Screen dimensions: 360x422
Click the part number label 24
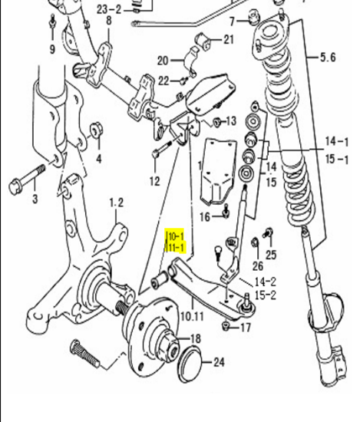(219, 362)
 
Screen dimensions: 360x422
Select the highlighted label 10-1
(176, 236)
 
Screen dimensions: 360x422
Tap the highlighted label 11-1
(176, 247)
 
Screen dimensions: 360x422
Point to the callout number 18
(196, 338)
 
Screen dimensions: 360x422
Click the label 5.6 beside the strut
(328, 58)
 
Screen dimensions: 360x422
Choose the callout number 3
(35, 199)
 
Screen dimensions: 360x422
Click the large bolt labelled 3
(26, 179)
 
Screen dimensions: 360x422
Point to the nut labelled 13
(216, 122)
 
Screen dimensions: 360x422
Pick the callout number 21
(229, 40)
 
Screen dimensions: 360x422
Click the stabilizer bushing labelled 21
(203, 41)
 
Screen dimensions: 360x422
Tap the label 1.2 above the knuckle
(117, 203)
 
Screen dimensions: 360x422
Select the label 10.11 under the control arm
(192, 316)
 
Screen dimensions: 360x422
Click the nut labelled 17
(226, 326)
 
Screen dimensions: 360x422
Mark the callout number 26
(258, 266)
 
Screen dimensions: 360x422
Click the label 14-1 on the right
(337, 142)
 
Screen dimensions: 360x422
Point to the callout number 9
(52, 49)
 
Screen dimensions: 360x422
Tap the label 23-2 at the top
(109, 10)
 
